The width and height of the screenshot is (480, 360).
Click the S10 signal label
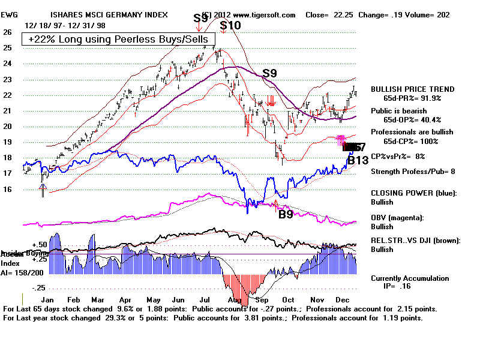(x=230, y=25)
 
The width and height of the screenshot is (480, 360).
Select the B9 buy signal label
(x=286, y=213)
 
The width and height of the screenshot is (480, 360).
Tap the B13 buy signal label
(x=358, y=161)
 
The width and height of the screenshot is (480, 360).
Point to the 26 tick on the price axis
(x=7, y=32)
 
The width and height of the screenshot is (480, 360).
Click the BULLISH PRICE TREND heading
(x=412, y=89)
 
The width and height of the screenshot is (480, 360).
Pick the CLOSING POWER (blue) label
(x=413, y=193)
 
